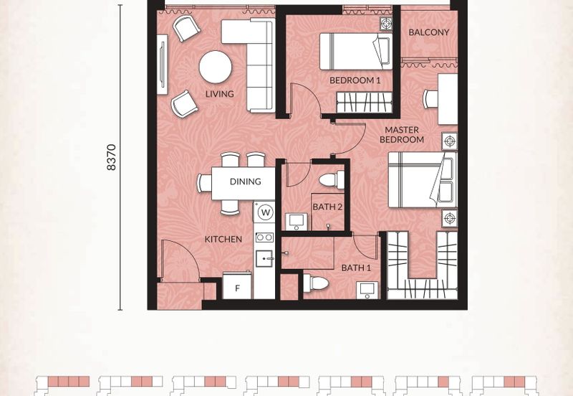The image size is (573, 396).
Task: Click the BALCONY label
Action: (x=428, y=32)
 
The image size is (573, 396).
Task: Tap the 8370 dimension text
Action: (x=112, y=157)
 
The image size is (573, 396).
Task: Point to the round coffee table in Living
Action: (x=216, y=67)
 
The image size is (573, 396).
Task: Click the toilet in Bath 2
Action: (x=332, y=180)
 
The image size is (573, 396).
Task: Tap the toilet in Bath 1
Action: (x=316, y=283)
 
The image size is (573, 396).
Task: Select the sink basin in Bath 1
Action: (x=367, y=291)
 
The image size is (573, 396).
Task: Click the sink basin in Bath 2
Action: (x=296, y=222)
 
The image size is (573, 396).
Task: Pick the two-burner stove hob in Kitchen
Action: (x=264, y=237)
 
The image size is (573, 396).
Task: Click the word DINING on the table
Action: (x=246, y=181)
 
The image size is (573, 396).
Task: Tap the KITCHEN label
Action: (x=223, y=239)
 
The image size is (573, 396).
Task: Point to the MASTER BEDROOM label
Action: (x=402, y=134)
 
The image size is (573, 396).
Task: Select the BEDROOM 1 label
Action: (x=355, y=80)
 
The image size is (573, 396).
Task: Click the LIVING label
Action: (x=219, y=94)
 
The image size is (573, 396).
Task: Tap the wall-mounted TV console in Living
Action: (x=163, y=65)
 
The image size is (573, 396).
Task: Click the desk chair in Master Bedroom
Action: (x=430, y=98)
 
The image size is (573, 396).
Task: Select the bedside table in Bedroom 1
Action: (x=386, y=24)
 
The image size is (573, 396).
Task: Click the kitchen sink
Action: (x=264, y=258)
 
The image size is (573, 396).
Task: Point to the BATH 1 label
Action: (x=356, y=268)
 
